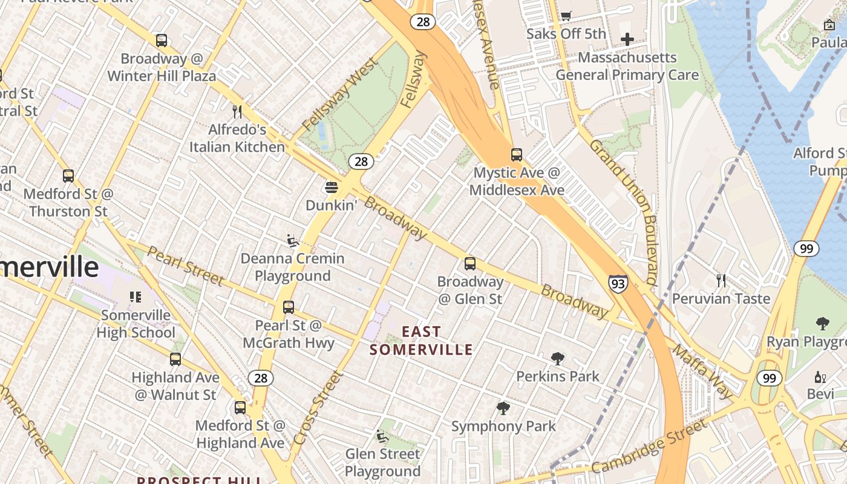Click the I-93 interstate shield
(618, 283)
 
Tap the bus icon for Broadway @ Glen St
(470, 264)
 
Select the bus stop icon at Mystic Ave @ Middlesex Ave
(516, 155)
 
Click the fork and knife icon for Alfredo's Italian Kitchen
(237, 112)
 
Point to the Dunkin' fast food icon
(331, 188)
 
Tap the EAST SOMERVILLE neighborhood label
(421, 341)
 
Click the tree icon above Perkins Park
(558, 359)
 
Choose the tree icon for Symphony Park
(503, 408)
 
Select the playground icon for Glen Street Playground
(382, 436)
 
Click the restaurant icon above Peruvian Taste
(721, 281)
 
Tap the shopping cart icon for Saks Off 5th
(566, 16)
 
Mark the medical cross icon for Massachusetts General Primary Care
(627, 40)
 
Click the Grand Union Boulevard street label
(624, 212)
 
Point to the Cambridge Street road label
(649, 448)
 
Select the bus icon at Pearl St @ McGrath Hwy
(289, 307)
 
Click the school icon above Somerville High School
(136, 297)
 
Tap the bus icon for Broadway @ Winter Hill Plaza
(162, 41)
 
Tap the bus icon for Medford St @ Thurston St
(68, 176)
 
